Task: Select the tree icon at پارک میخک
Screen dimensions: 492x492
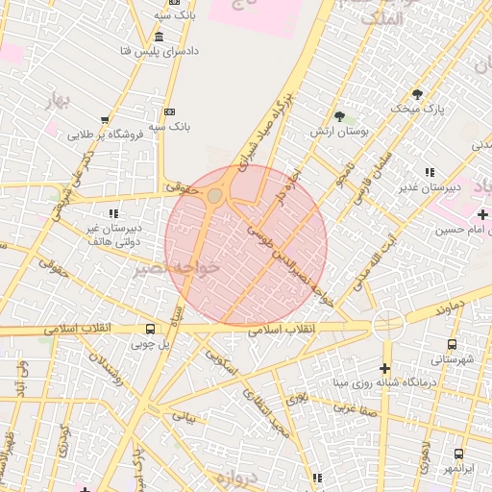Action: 417,94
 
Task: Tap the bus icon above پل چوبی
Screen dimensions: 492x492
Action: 149,329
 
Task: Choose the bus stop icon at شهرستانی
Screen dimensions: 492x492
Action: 452,344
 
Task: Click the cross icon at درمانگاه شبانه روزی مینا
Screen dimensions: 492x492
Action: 384,369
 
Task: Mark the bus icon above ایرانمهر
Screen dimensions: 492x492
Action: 457,454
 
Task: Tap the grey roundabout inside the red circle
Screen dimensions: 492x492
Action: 214,196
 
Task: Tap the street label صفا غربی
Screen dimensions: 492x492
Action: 352,407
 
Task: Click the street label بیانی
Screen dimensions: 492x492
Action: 183,417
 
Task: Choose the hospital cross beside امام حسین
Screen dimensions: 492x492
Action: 481,212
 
